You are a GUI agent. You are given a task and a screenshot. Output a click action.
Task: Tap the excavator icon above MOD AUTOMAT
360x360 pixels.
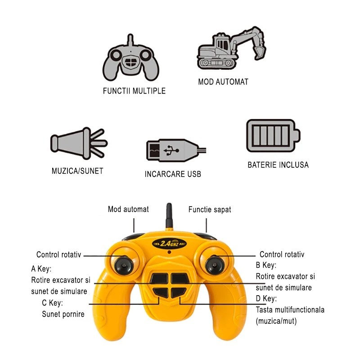(x=231, y=48)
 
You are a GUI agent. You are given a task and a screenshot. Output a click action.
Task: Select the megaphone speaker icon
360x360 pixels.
(x=79, y=143)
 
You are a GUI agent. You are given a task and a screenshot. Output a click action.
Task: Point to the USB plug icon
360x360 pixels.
(x=176, y=150)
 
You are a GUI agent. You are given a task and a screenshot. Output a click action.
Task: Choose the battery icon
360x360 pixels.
(x=273, y=135)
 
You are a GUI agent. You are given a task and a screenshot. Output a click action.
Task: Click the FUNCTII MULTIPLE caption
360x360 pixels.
(x=134, y=91)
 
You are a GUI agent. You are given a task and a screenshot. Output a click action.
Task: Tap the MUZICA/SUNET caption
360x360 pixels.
(x=77, y=171)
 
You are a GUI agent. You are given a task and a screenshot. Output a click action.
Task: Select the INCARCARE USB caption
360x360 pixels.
(x=173, y=174)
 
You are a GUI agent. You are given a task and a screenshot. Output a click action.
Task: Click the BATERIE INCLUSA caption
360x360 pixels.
(x=278, y=165)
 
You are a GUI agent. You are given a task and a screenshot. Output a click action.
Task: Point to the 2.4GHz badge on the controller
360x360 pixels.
(x=170, y=243)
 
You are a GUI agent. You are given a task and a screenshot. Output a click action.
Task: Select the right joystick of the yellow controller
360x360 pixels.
(x=214, y=265)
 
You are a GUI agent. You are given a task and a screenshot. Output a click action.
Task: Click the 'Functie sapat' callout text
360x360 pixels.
(x=210, y=209)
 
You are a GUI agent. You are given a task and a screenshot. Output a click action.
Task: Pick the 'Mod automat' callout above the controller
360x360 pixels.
(x=128, y=209)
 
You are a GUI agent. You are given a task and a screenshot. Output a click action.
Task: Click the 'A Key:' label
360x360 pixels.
(x=41, y=269)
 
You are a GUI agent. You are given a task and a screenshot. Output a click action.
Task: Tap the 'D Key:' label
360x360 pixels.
(x=266, y=298)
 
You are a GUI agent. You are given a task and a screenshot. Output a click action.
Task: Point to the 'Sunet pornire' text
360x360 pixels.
(x=63, y=314)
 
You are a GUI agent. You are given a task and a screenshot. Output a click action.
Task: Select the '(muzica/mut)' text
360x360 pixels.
(x=276, y=321)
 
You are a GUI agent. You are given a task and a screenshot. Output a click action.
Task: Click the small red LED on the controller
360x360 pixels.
(x=169, y=252)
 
